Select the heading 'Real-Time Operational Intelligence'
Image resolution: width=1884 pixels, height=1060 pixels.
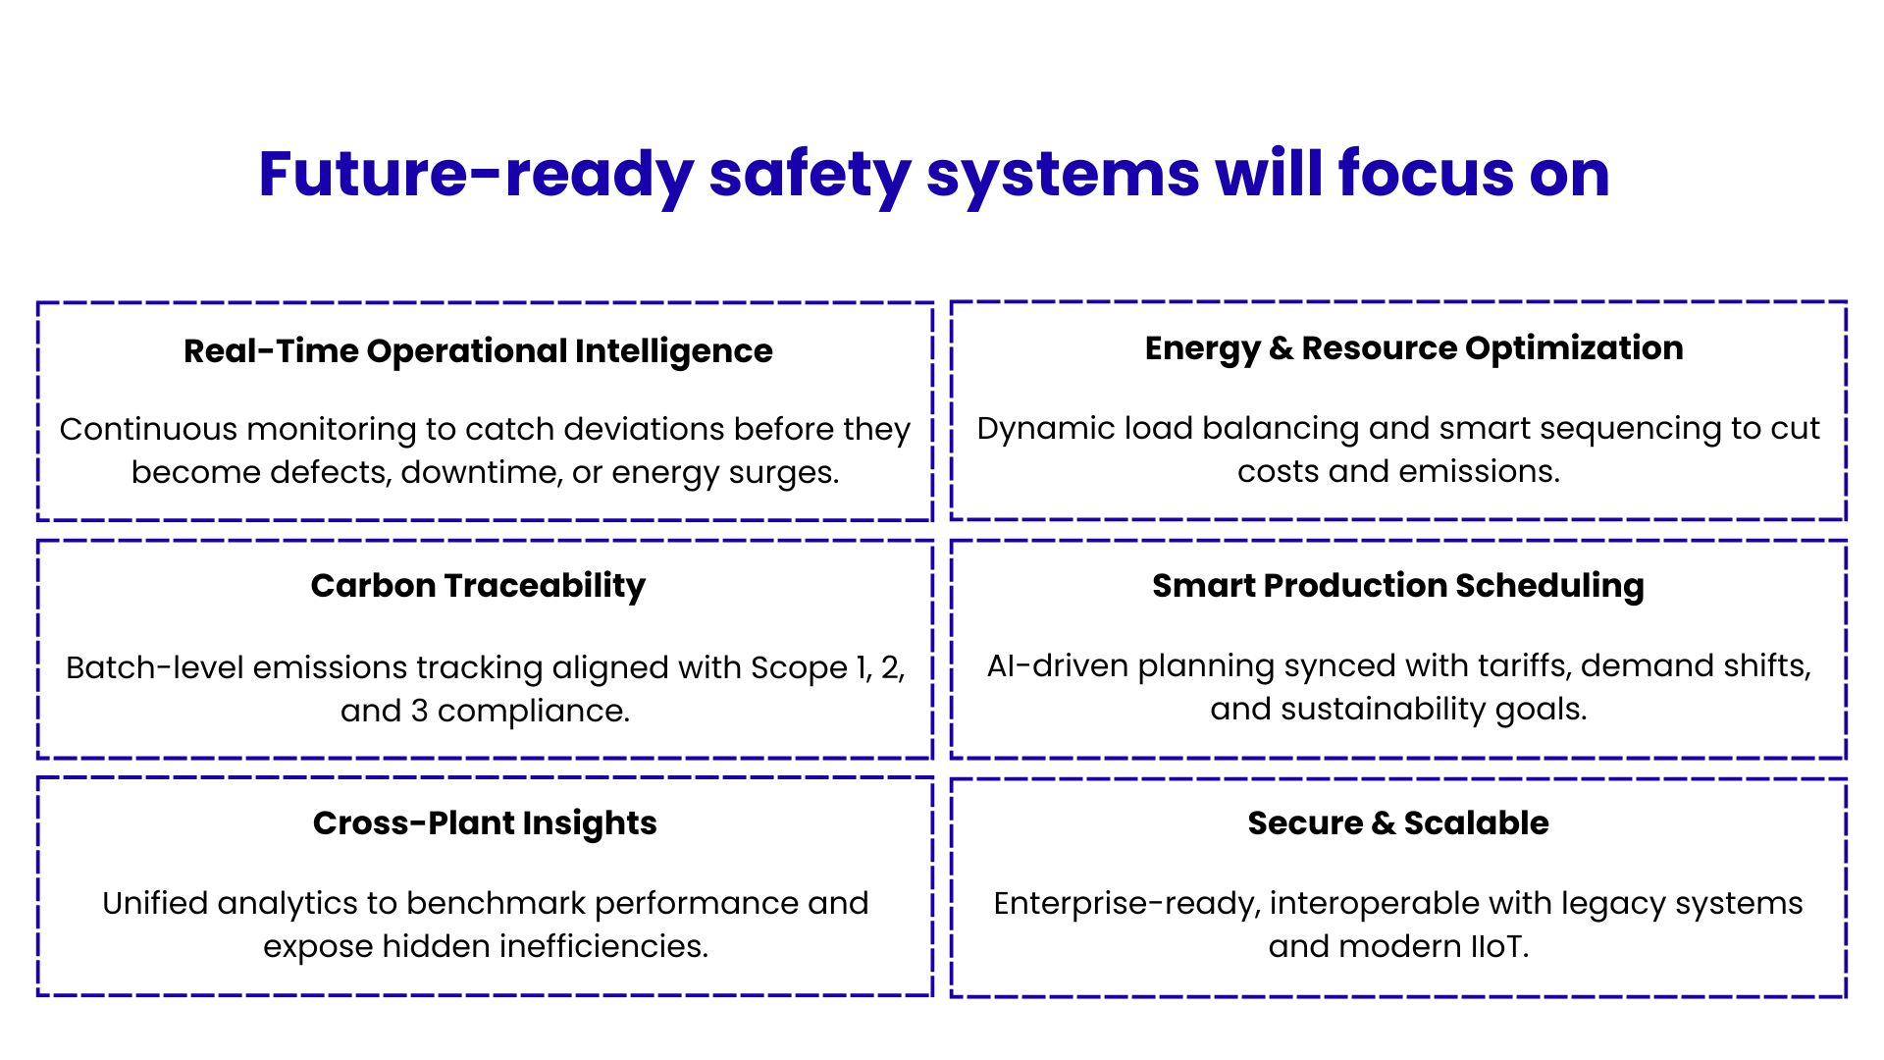coord(478,351)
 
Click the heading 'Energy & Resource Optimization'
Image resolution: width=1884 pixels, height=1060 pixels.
coord(1414,348)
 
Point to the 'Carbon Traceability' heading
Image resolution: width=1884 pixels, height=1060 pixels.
coord(478,586)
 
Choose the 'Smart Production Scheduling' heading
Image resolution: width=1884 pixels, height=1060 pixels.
coord(1398,586)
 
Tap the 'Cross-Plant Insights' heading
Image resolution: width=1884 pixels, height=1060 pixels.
coord(485,822)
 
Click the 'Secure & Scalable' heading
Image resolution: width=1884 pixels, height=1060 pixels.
coord(1398,822)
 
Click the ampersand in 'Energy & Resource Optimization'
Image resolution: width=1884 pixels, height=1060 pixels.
coord(1282,348)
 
